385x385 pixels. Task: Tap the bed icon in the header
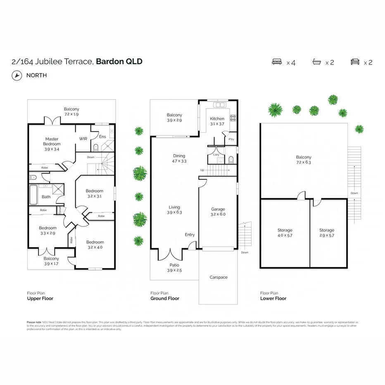(277, 62)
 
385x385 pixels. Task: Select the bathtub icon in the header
(316, 62)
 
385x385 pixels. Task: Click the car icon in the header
(355, 62)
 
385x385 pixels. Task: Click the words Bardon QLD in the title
(119, 62)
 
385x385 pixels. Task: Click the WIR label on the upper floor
(83, 139)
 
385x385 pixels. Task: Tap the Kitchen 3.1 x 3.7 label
(217, 121)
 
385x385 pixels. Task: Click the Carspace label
(218, 277)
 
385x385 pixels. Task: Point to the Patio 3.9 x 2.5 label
(174, 268)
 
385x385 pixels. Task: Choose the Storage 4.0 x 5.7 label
(285, 233)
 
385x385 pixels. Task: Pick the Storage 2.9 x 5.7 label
(327, 233)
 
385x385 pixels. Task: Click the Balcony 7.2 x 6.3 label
(304, 159)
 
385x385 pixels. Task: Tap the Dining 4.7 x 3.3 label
(179, 159)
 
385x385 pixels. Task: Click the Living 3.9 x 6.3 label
(174, 210)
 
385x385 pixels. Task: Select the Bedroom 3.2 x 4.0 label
(95, 245)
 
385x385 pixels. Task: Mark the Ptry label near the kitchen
(231, 139)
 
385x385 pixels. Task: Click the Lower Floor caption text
(273, 298)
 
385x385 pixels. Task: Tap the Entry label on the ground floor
(190, 235)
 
